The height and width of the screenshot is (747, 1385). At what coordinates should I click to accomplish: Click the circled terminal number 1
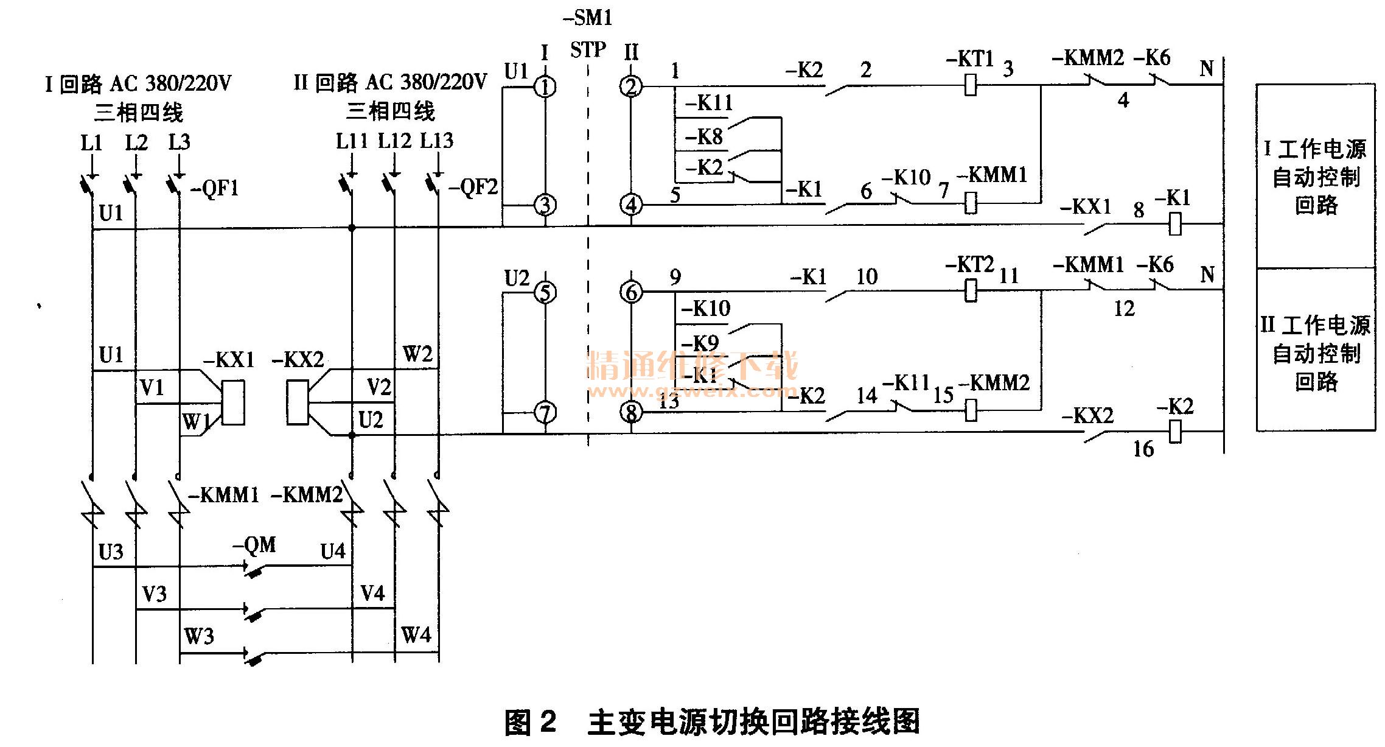click(545, 87)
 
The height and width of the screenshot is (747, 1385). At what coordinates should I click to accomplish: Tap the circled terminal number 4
click(631, 205)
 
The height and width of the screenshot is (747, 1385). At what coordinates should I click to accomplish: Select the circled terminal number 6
click(631, 292)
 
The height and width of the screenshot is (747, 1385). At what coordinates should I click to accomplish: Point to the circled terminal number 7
click(545, 413)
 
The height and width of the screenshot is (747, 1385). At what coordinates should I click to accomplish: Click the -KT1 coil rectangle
click(971, 85)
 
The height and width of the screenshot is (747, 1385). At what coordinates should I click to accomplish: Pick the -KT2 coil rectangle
click(971, 290)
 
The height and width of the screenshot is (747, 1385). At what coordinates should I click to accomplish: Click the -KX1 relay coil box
click(233, 402)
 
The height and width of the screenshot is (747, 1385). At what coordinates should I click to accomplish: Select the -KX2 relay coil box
click(298, 402)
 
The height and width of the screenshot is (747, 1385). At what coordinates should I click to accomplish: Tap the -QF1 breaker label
click(215, 188)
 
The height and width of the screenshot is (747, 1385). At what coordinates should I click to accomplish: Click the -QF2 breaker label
click(473, 187)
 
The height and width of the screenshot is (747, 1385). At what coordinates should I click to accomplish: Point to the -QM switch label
click(254, 544)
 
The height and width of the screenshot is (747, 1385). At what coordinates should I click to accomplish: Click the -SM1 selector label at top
click(588, 18)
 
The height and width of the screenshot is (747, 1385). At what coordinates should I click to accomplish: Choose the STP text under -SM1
click(588, 49)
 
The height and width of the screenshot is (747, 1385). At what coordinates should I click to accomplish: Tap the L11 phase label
click(352, 141)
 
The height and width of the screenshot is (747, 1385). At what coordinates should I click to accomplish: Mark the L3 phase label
click(180, 142)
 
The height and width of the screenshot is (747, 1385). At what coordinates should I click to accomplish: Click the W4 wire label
click(416, 635)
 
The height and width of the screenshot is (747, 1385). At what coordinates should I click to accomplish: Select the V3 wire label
click(154, 594)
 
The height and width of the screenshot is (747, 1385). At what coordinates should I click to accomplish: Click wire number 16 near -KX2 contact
click(1143, 449)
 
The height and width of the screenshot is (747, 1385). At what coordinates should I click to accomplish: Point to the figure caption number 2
click(548, 723)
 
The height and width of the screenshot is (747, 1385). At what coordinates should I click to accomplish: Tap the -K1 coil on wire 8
click(1175, 224)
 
